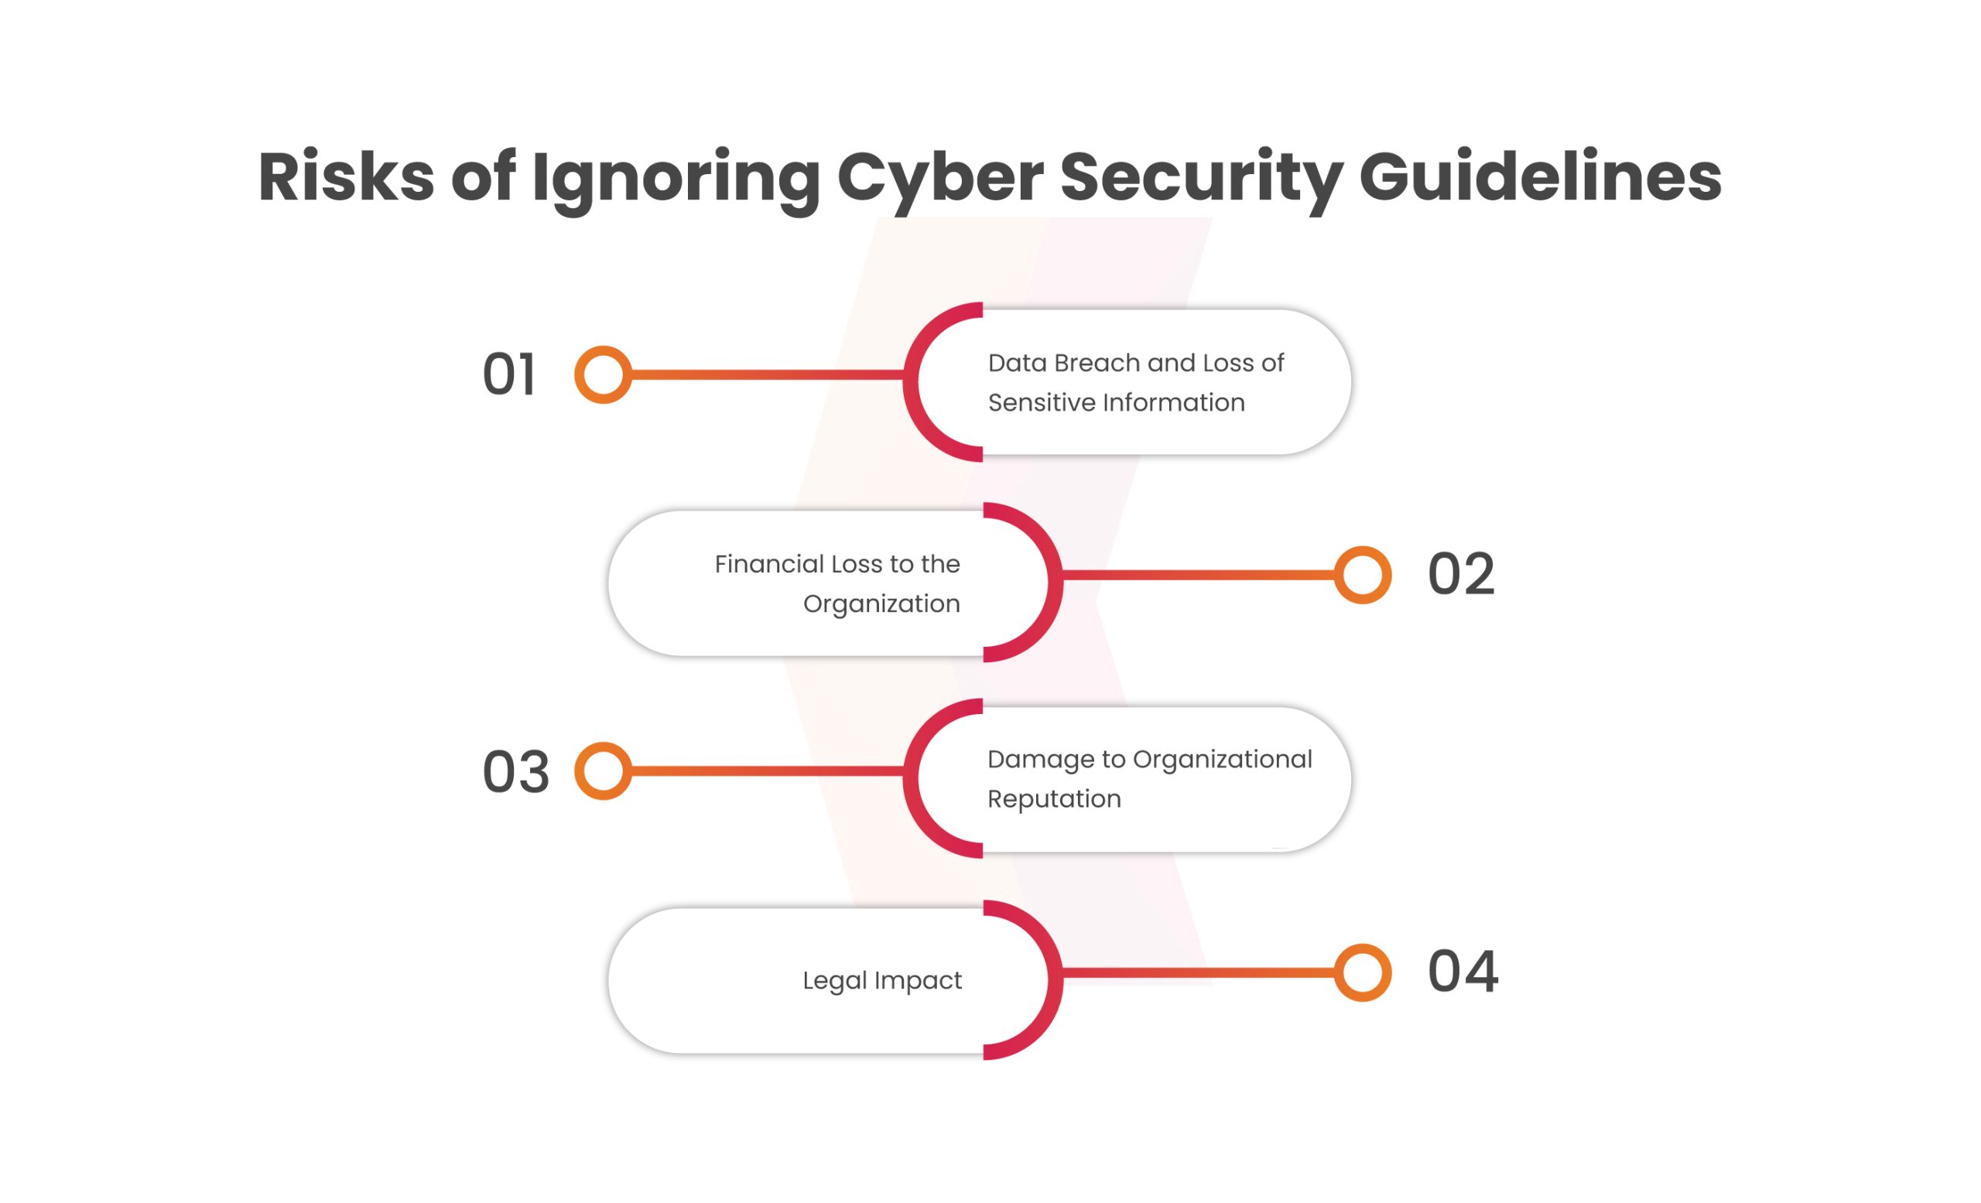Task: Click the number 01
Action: point(509,374)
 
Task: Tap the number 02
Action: point(1461,574)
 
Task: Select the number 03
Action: point(515,771)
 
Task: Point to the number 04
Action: point(1463,972)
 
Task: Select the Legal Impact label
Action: point(882,981)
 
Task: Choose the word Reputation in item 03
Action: point(1054,800)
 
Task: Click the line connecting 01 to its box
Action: point(768,374)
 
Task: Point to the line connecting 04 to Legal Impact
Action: point(1198,972)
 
